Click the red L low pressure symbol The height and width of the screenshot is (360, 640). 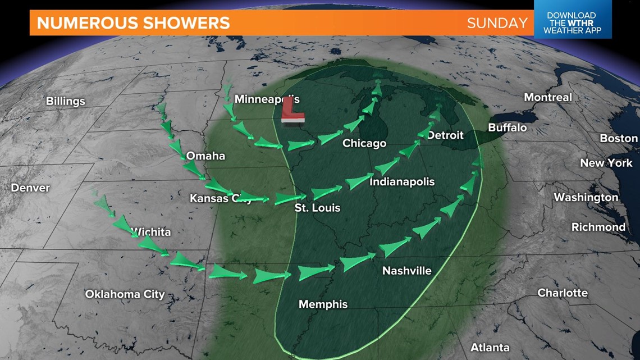click(292, 111)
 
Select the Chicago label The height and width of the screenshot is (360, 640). click(364, 143)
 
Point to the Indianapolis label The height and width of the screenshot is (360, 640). click(402, 182)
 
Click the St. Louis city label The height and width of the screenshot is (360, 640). click(318, 208)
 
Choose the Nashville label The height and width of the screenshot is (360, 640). click(406, 271)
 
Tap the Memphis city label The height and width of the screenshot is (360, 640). click(323, 304)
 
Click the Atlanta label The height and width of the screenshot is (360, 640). click(490, 347)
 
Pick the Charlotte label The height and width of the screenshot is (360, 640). click(562, 293)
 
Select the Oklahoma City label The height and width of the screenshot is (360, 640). click(125, 294)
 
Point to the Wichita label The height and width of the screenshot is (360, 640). click(150, 231)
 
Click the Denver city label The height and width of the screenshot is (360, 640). click(30, 188)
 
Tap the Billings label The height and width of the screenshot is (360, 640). click(66, 101)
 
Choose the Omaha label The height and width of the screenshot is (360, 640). click(205, 156)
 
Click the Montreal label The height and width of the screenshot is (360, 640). click(547, 97)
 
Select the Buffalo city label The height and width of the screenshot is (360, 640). click(507, 127)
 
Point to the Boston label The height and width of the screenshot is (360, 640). click(619, 138)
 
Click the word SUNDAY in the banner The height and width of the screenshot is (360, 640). click(497, 23)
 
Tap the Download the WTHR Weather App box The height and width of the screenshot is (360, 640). click(572, 23)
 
